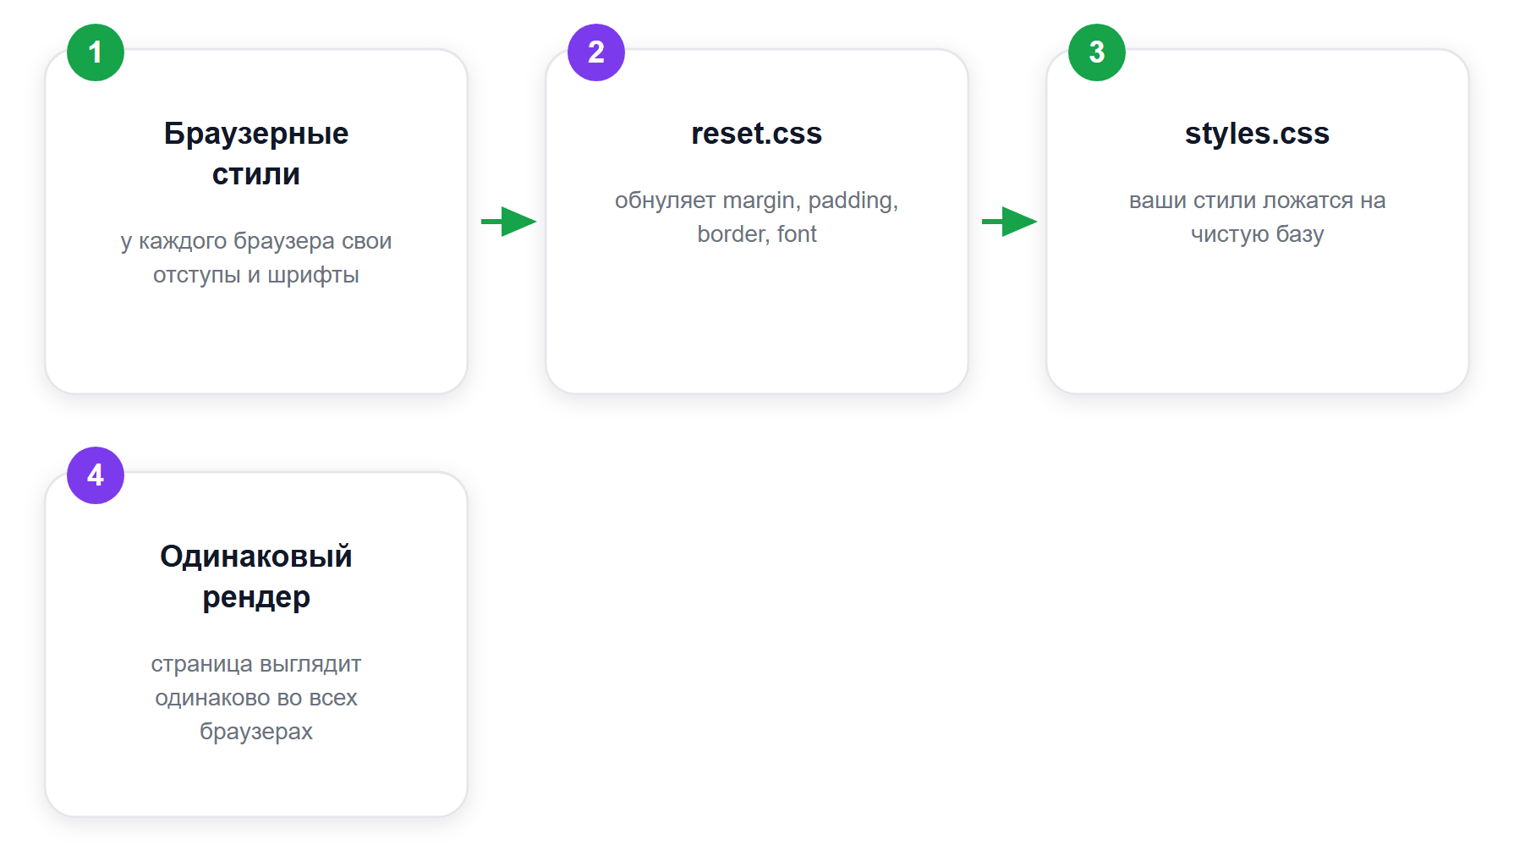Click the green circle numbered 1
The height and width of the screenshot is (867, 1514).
pyautogui.click(x=96, y=52)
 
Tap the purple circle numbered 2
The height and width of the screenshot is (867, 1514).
pyautogui.click(x=596, y=52)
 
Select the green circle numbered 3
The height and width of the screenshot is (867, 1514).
pyautogui.click(x=1097, y=52)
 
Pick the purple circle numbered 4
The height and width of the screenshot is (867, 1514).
pyautogui.click(x=96, y=475)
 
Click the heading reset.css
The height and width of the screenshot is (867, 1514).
pyautogui.click(x=757, y=134)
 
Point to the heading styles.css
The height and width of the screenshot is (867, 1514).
pyautogui.click(x=1258, y=134)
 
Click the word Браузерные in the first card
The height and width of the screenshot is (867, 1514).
pyautogui.click(x=256, y=134)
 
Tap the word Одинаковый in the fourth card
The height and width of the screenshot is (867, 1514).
pyautogui.click(x=256, y=557)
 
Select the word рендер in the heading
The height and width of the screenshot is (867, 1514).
pyautogui.click(x=256, y=598)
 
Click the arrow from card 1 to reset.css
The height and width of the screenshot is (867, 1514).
pyautogui.click(x=509, y=222)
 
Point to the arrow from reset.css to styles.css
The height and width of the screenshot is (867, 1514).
pyautogui.click(x=1010, y=222)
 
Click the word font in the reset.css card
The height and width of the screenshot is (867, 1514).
pyautogui.click(x=797, y=234)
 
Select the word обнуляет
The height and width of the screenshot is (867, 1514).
pyautogui.click(x=666, y=200)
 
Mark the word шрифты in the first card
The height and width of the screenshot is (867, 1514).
pyautogui.click(x=314, y=276)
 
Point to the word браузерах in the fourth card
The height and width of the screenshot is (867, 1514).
pyautogui.click(x=256, y=732)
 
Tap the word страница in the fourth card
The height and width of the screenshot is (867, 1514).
pyautogui.click(x=201, y=665)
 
